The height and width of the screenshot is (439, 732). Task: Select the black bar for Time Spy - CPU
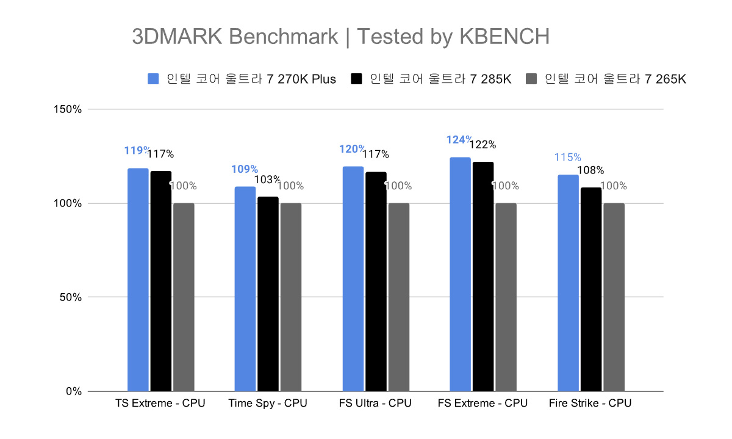[268, 294]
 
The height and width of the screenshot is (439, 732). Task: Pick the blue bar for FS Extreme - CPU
[460, 274]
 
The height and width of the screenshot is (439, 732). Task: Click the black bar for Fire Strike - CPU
[591, 289]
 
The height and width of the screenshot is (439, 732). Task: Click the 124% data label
[459, 140]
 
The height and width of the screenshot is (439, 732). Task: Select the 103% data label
[268, 180]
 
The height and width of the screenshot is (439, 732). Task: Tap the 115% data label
[567, 158]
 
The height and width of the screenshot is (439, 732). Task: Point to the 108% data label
[591, 170]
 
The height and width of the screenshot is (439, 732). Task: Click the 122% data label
[483, 145]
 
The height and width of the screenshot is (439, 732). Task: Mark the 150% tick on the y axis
[69, 110]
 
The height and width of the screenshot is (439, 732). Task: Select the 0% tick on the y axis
[74, 391]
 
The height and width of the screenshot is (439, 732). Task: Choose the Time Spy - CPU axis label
[268, 404]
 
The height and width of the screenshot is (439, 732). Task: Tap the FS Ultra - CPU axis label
[375, 404]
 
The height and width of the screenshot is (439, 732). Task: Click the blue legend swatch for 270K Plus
[153, 79]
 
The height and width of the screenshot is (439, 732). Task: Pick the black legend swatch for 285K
[357, 79]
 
